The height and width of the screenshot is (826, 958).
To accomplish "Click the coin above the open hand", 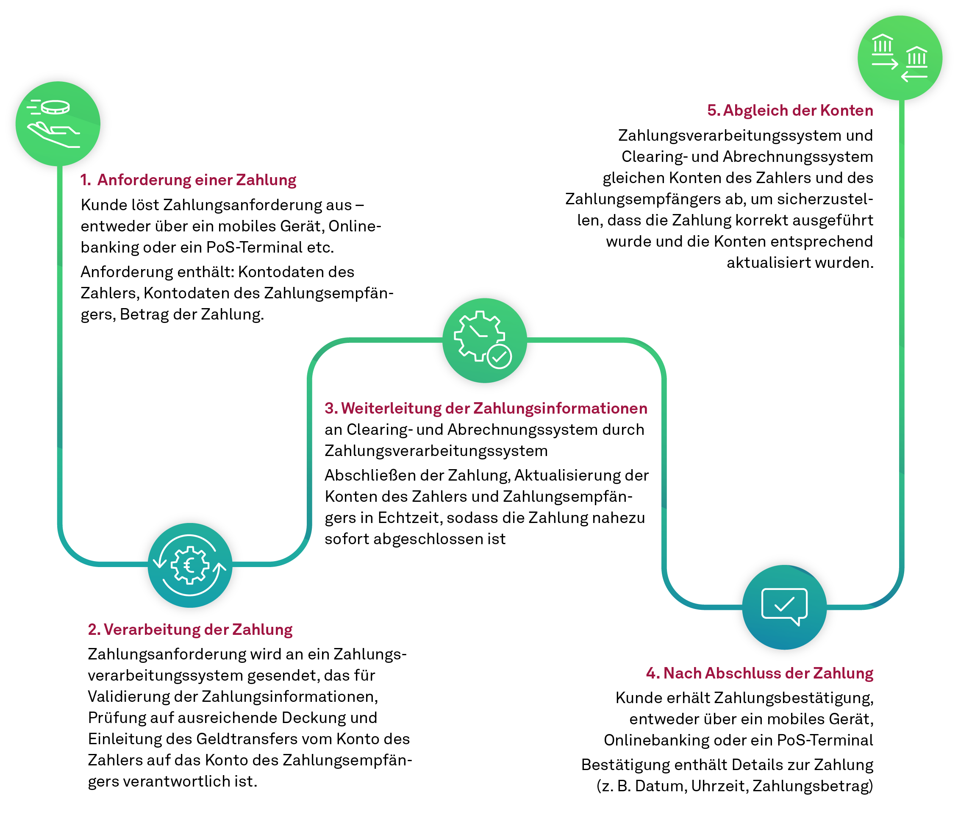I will click(x=56, y=107).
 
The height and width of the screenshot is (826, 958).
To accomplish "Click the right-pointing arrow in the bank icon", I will click(x=884, y=64).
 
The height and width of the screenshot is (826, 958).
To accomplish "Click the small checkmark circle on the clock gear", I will click(x=500, y=356).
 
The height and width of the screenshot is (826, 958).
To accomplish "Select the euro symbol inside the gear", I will click(x=189, y=565).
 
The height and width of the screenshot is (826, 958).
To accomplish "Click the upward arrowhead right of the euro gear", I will click(x=219, y=566).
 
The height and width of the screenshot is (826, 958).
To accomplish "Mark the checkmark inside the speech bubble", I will click(x=784, y=604).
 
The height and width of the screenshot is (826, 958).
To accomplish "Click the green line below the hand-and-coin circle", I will click(x=60, y=324).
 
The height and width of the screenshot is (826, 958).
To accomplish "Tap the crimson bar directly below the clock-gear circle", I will click(x=490, y=412).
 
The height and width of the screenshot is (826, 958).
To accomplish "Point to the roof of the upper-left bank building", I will click(x=882, y=37).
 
